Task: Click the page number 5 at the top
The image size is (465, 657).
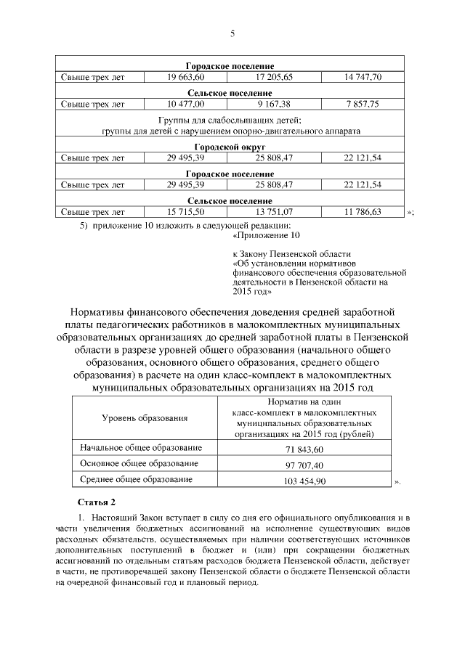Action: coord(232,33)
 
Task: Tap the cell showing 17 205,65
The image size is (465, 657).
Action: coord(273,76)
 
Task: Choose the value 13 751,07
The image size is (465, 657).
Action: coord(273,212)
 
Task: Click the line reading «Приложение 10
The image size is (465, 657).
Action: coord(266,235)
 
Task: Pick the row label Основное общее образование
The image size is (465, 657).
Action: coord(139,464)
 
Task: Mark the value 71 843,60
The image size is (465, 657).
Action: coord(304,449)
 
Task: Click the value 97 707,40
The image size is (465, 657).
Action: coord(304,465)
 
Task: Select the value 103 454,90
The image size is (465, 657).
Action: coord(304,481)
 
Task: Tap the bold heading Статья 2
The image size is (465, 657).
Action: coord(96,502)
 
